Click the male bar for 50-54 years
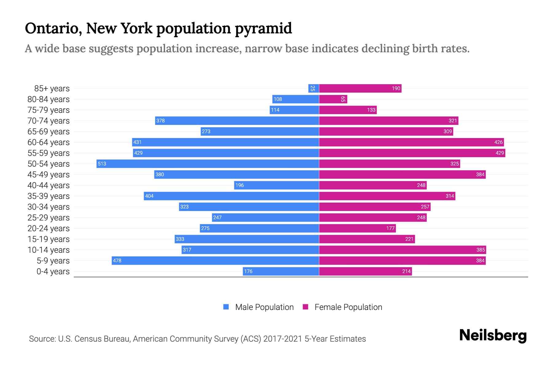(208, 164)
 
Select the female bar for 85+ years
(360, 89)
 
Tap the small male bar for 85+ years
(313, 89)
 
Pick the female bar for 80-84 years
(333, 99)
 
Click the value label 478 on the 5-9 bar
(117, 261)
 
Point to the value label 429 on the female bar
(500, 153)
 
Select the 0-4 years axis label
(53, 272)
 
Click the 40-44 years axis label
(49, 185)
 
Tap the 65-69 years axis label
(49, 132)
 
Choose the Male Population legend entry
(264, 307)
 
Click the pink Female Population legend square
(305, 307)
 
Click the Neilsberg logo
(493, 335)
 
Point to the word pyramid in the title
(263, 29)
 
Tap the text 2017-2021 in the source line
(283, 339)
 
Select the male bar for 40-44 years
(276, 185)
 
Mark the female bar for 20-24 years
(357, 228)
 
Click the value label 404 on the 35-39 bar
(149, 196)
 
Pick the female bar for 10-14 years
(402, 250)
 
